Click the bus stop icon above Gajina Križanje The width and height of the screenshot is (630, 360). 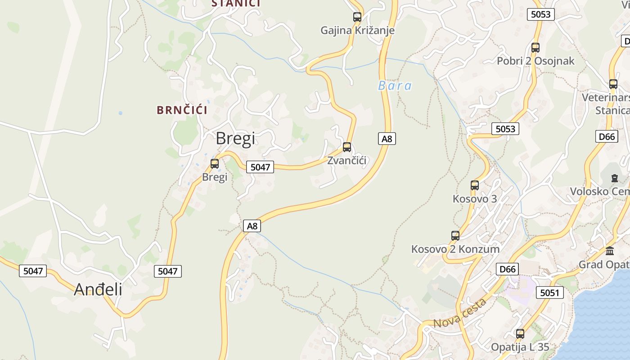pos(357,17)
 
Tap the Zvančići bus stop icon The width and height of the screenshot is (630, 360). pos(347,147)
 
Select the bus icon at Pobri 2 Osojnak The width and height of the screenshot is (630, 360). pos(535,48)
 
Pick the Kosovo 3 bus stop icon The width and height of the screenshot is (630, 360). pos(475,185)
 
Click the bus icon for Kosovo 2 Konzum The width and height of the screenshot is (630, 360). pos(455,235)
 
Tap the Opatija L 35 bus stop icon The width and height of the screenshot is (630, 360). pos(520,334)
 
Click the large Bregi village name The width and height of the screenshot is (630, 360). pos(235,138)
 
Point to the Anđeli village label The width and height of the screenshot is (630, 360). pos(98,289)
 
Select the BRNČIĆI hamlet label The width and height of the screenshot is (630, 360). pos(182,110)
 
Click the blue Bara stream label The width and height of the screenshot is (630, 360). pos(395,85)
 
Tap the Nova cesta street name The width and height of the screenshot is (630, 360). pos(460,313)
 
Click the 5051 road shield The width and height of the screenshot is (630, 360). pos(549,293)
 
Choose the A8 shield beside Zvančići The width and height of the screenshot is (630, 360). pos(387,139)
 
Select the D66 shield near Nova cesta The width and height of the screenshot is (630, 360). pos(508,269)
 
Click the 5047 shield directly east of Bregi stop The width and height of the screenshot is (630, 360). pos(260,167)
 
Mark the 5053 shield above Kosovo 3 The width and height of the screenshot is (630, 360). pos(505,129)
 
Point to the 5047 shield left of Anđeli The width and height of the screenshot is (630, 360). pos(33,271)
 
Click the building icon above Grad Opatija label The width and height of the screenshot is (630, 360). pos(610,251)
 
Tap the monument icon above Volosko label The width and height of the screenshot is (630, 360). pos(615,178)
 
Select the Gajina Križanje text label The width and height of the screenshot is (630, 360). pos(357,31)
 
